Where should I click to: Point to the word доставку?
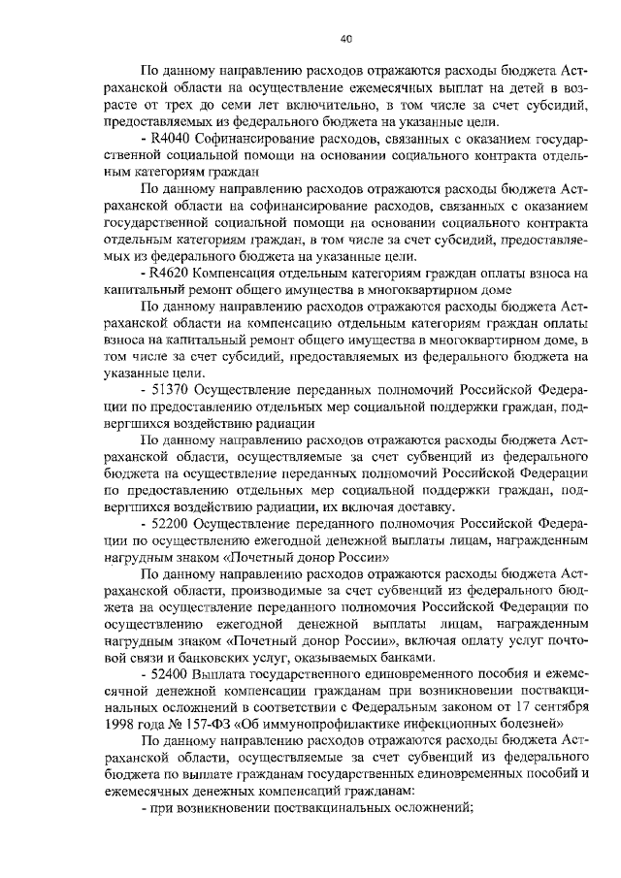(x=418, y=507)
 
